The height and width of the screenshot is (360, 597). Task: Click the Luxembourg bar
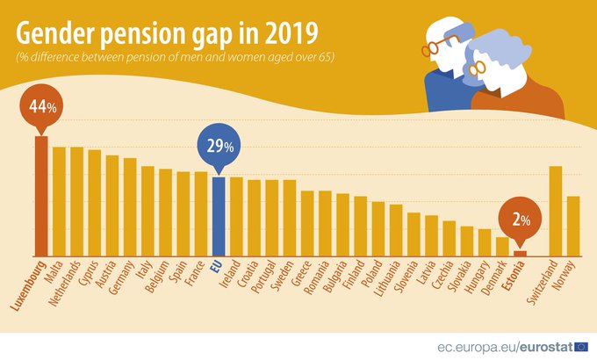point(40,195)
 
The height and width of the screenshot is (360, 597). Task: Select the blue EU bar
point(219,216)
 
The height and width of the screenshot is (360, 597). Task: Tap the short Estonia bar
point(520,253)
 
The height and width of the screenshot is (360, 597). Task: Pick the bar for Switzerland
point(555,211)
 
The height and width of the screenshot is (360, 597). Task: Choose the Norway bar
point(573,226)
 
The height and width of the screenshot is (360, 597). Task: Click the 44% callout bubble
point(40,106)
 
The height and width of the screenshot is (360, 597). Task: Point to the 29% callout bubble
point(219,148)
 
